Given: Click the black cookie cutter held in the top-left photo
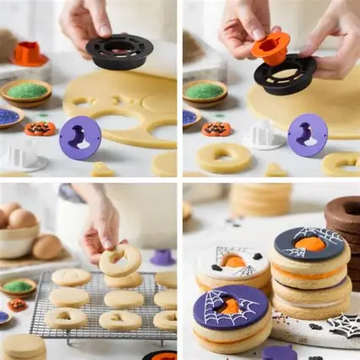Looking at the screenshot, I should coord(119,52).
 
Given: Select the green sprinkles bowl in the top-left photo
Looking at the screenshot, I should coord(25,90).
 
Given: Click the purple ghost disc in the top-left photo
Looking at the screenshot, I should coord(80,136).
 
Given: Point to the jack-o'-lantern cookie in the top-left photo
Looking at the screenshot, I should coord(39,128).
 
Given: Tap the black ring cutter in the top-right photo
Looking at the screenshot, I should coord(286,76).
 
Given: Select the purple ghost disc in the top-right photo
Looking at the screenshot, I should coord(307,134).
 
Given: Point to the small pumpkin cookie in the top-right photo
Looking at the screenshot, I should coord(216,129).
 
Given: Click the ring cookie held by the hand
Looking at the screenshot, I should coord(120,261).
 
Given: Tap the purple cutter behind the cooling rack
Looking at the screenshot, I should coord(162,256).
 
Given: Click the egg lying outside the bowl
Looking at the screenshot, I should coord(47,247).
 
